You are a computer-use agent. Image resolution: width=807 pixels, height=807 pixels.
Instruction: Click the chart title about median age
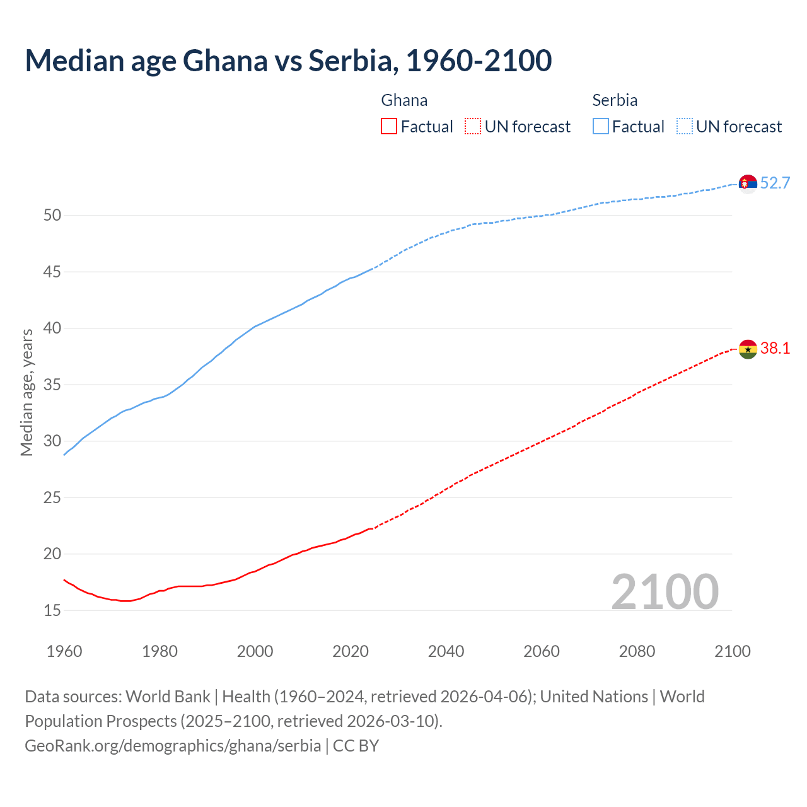click(288, 61)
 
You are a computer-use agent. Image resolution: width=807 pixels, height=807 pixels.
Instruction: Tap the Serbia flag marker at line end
click(748, 183)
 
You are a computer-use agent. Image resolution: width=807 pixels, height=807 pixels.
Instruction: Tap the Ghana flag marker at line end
click(748, 349)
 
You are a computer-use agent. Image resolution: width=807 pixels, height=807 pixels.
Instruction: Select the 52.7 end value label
click(775, 183)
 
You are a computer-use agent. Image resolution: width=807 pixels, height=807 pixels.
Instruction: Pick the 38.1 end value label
click(775, 349)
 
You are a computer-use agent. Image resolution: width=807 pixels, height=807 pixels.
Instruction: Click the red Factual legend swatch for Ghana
click(389, 127)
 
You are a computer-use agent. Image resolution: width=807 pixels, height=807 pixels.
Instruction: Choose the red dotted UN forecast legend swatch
click(473, 127)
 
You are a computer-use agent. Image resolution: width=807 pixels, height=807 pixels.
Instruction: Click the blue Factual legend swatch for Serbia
click(600, 127)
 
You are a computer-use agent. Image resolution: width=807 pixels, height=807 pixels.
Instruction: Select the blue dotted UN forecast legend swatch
click(684, 127)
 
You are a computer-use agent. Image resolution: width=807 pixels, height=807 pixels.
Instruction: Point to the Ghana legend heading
click(404, 100)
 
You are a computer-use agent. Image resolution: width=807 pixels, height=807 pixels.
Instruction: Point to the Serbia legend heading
click(615, 100)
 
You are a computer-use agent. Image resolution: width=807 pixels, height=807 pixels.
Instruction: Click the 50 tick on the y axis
click(52, 216)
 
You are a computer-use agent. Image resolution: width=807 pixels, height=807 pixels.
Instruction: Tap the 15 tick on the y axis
click(52, 611)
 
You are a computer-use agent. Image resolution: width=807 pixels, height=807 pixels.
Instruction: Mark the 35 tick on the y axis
click(52, 385)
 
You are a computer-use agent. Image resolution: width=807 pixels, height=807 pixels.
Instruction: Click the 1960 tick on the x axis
click(64, 651)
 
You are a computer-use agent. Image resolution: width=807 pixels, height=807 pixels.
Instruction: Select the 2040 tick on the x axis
click(446, 651)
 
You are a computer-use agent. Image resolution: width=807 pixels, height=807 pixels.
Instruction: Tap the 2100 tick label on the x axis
click(733, 651)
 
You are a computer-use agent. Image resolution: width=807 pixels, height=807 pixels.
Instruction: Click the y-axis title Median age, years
click(26, 392)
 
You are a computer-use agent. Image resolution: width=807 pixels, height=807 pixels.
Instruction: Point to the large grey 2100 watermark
click(665, 591)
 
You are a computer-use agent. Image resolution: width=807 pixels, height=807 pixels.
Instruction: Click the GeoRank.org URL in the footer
click(173, 746)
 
